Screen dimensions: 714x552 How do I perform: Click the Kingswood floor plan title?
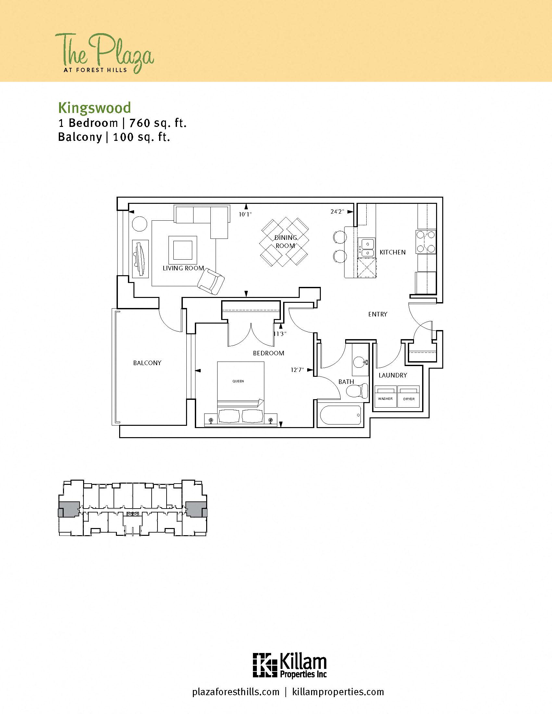coord(94,108)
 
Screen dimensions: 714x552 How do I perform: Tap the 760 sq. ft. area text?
coord(157,123)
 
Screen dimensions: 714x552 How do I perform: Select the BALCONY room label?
coord(147,363)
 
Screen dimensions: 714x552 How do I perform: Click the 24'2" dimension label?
coord(337,212)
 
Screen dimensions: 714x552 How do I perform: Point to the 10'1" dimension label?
coord(245,215)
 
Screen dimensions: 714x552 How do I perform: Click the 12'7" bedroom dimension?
coord(297,370)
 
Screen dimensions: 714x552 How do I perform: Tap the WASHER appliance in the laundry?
coord(385,397)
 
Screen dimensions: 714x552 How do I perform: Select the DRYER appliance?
coord(408,397)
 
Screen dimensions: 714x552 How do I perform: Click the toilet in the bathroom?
coord(357,391)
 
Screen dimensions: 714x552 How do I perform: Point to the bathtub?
coord(340,415)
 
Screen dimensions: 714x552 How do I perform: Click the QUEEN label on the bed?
coord(238,381)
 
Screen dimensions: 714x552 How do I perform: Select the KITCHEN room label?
coord(393,252)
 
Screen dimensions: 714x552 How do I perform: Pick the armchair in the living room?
coord(211,281)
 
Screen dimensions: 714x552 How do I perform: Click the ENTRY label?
coord(378,314)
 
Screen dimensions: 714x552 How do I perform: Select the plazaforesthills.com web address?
coord(236,692)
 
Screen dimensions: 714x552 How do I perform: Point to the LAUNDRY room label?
coord(393,375)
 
